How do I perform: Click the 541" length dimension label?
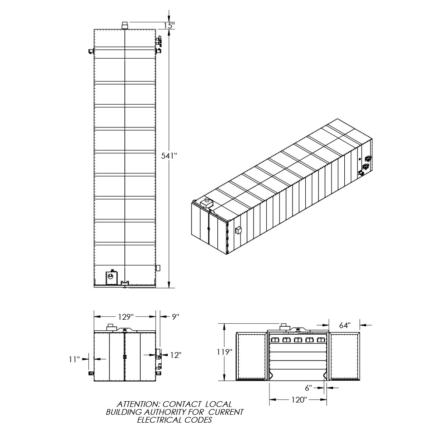(x=169, y=156)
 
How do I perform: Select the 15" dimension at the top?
(x=169, y=26)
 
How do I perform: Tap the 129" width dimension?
(x=126, y=317)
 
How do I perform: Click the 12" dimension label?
(x=176, y=355)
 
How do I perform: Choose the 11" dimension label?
(x=74, y=359)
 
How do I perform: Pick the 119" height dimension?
(x=225, y=352)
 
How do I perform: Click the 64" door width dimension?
(x=345, y=325)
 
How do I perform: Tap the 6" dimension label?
(x=308, y=388)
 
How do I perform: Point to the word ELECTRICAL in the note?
(x=160, y=420)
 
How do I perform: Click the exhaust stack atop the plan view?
(x=125, y=25)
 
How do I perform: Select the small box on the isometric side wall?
(x=238, y=230)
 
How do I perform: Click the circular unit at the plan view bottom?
(x=111, y=277)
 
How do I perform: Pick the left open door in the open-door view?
(x=251, y=357)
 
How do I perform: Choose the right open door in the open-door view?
(x=345, y=357)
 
